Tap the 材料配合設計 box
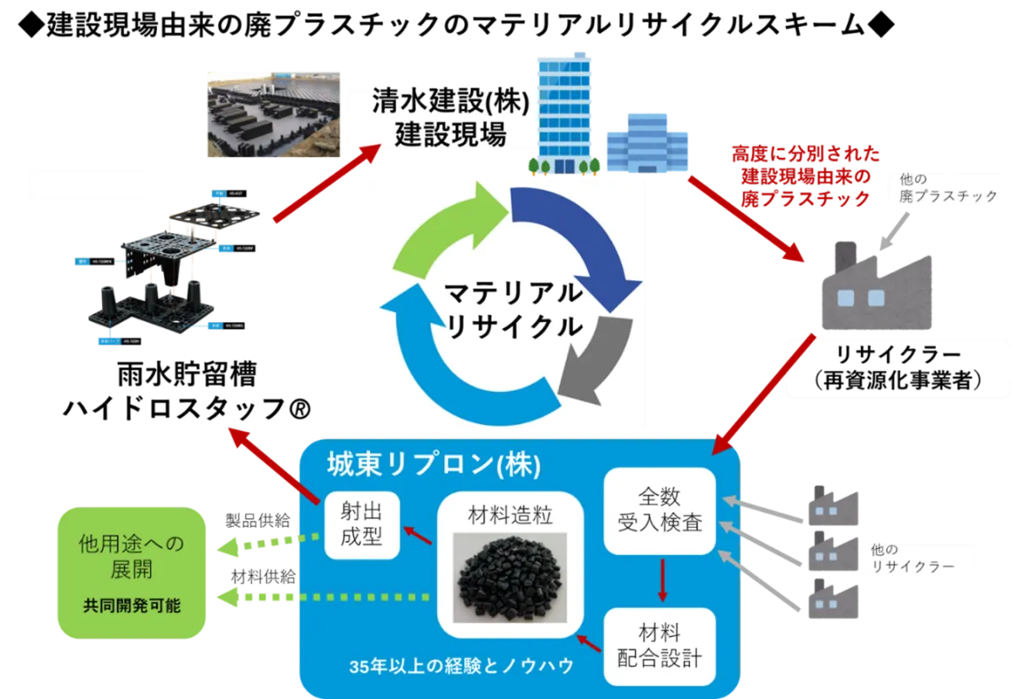tap(660, 645)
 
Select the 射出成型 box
tap(361, 524)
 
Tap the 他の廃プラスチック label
tap(943, 188)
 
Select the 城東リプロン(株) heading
tap(433, 465)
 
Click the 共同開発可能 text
tap(131, 605)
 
